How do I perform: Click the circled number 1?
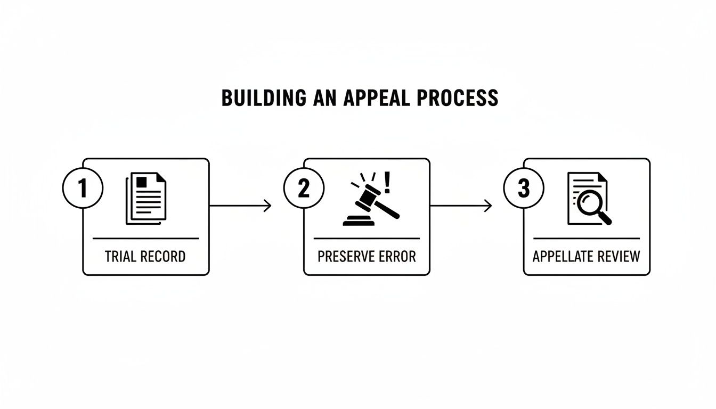pos(83,189)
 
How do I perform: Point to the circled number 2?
pos(304,189)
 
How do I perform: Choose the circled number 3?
pos(524,189)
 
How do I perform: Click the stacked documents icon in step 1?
pos(145,198)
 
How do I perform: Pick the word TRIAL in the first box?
pos(121,256)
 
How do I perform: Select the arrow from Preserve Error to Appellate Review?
pos(461,206)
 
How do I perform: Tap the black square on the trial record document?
pos(142,182)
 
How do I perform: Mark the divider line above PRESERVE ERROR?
pos(367,239)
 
